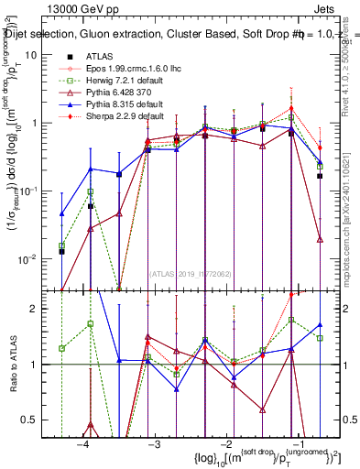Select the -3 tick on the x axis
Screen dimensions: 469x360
(154, 444)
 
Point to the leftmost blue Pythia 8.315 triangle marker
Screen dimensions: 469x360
(61, 213)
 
